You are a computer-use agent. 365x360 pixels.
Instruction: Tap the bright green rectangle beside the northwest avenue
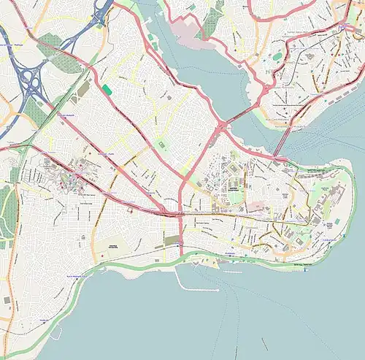(x=107, y=90)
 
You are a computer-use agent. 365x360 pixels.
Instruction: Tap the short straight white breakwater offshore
(x=232, y=272)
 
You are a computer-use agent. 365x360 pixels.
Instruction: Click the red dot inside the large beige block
(x=231, y=189)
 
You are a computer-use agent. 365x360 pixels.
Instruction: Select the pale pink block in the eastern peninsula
(x=257, y=207)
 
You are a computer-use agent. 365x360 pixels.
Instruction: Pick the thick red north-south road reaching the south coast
(x=181, y=234)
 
